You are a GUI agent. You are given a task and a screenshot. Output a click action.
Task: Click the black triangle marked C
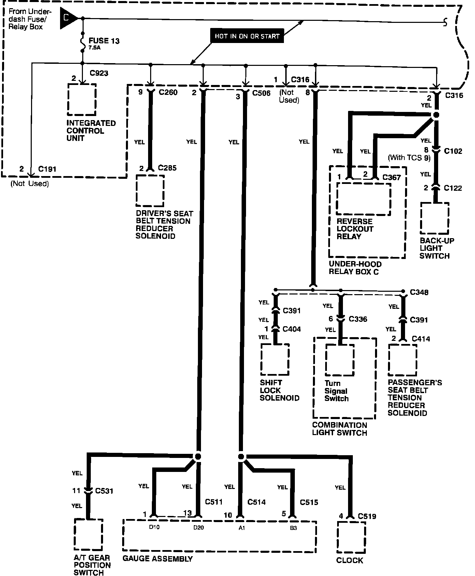tap(67, 18)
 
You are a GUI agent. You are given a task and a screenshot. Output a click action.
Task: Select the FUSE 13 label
tap(104, 41)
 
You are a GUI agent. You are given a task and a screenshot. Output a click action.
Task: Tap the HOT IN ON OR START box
tap(247, 36)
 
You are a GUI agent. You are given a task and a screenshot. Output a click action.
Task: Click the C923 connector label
tap(99, 73)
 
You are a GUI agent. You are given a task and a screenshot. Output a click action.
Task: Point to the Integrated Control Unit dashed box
tap(82, 99)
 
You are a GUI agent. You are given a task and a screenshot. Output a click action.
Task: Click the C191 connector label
tap(47, 169)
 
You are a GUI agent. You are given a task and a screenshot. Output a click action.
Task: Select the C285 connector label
tap(167, 168)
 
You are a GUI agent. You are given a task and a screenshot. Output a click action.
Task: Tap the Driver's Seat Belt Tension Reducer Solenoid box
tap(150, 191)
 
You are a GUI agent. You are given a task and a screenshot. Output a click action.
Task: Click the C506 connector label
tap(261, 93)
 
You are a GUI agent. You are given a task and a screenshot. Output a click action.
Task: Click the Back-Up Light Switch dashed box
tap(434, 218)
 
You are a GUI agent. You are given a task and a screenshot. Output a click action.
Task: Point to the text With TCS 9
tap(409, 158)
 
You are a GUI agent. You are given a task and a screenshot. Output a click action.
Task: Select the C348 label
tap(419, 292)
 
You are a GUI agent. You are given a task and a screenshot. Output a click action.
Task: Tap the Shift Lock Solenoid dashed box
tap(275, 359)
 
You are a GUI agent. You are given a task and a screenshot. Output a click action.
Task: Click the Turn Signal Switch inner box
tap(340, 360)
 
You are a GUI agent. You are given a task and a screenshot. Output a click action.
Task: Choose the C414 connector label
tap(421, 339)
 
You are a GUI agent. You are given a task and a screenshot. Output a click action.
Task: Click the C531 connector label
tap(104, 491)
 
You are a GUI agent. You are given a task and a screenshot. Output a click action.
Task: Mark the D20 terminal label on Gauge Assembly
tap(198, 528)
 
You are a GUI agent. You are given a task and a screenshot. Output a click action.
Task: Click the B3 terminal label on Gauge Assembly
tap(293, 528)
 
